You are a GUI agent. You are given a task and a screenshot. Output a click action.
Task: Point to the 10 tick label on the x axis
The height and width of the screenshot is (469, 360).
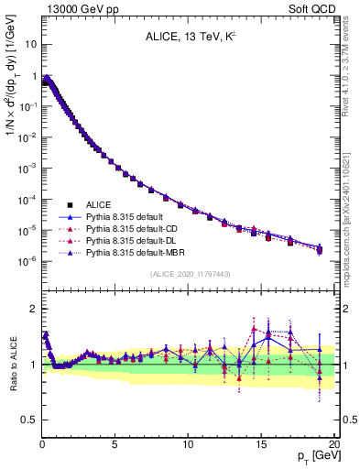[x=188, y=443]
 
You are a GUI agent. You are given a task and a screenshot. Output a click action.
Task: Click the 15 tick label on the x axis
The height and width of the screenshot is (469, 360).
[x=261, y=443]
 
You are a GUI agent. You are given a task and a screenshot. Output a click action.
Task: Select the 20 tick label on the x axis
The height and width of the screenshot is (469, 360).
[x=333, y=443]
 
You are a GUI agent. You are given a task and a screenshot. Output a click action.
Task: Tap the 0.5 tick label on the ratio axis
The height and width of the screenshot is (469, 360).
[x=27, y=420]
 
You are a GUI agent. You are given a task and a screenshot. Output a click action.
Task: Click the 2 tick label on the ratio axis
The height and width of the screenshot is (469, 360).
[x=32, y=309]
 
